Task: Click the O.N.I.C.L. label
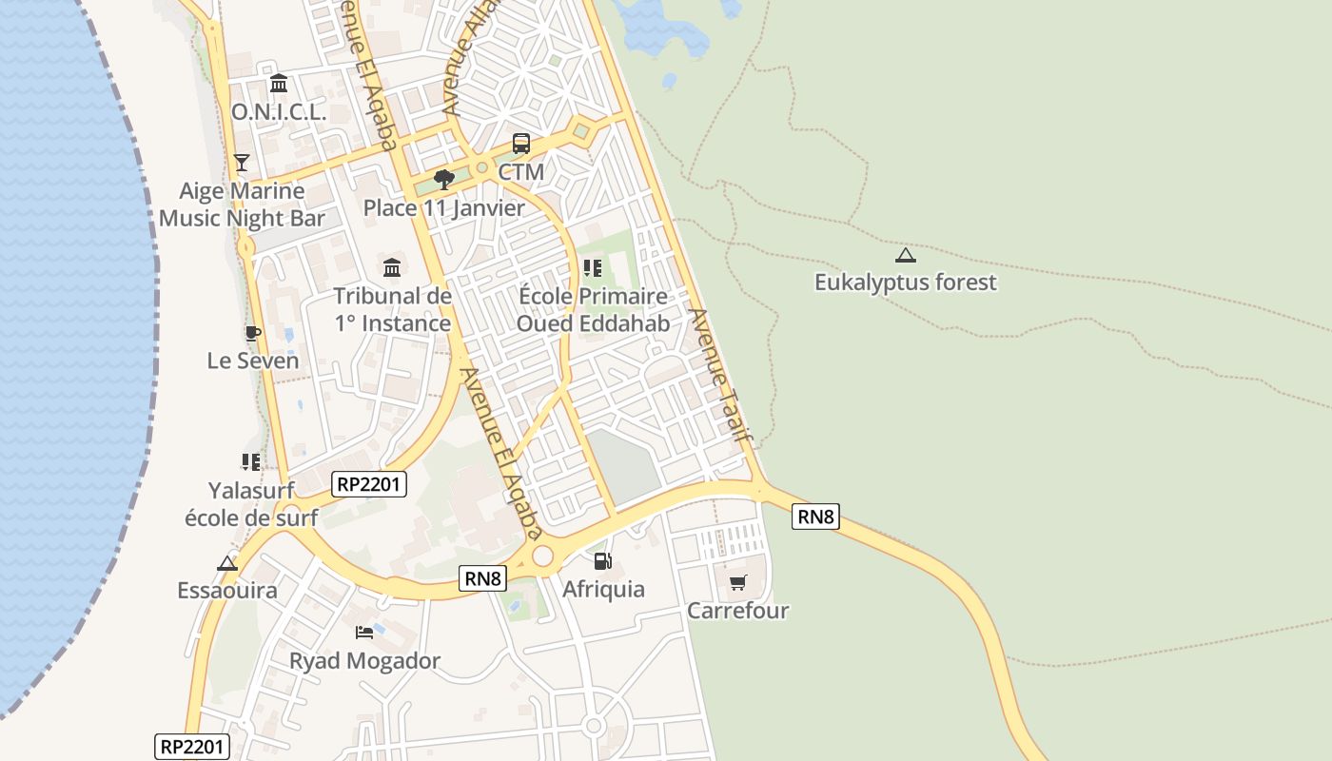point(279,111)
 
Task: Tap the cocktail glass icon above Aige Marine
point(242,163)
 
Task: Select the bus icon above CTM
point(521,145)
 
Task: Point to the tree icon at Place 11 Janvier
point(443,179)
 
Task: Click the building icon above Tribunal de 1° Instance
point(392,267)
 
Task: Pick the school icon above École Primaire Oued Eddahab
point(593,268)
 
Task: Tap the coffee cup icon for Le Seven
point(252,333)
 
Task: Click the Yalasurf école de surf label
point(251,504)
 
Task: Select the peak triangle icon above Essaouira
point(226,563)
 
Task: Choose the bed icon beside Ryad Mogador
point(364,632)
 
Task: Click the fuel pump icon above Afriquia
point(602,561)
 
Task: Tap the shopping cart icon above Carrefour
point(738,582)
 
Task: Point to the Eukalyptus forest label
point(906,282)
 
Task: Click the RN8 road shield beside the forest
point(815,517)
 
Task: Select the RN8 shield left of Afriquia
point(482,577)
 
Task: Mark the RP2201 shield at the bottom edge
point(192,747)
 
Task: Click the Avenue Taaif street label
point(720,373)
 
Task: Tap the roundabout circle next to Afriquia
point(542,556)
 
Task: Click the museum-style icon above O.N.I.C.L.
point(279,84)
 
